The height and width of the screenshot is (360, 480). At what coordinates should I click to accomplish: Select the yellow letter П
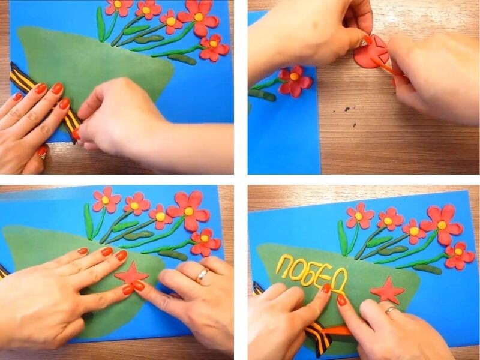click(x=283, y=265)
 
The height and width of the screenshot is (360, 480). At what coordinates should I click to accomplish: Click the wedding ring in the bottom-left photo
click(x=202, y=275)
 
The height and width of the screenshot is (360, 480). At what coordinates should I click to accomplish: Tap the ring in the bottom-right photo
click(x=390, y=310)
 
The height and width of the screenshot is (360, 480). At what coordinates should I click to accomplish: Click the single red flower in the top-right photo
click(x=295, y=80)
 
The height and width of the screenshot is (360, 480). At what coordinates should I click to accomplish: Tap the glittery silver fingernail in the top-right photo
click(x=364, y=42)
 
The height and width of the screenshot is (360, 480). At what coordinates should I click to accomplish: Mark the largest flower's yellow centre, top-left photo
click(x=199, y=17)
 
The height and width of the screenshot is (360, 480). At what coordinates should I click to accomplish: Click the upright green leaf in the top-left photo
click(x=101, y=24)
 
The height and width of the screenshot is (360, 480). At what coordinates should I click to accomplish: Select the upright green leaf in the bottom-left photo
click(x=88, y=221)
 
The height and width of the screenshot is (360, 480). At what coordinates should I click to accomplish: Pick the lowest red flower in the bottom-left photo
click(x=205, y=242)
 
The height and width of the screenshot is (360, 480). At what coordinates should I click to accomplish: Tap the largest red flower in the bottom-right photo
click(x=441, y=225)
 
